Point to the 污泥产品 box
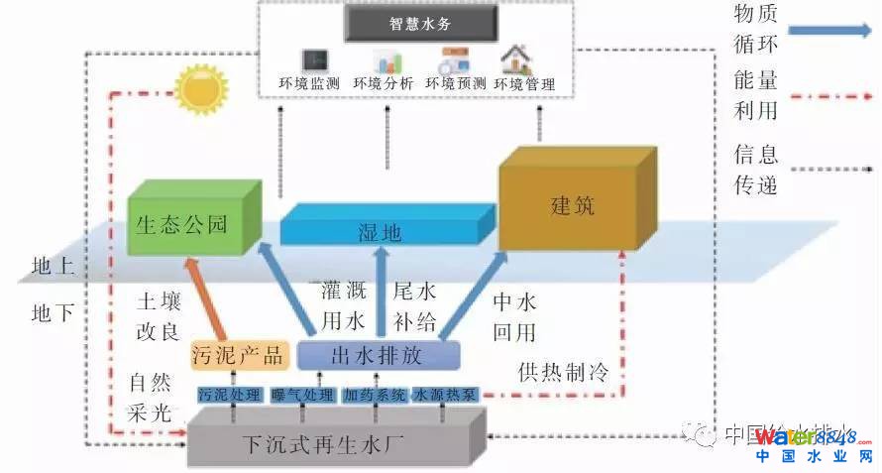(x=239, y=355)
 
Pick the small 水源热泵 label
(x=445, y=395)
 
